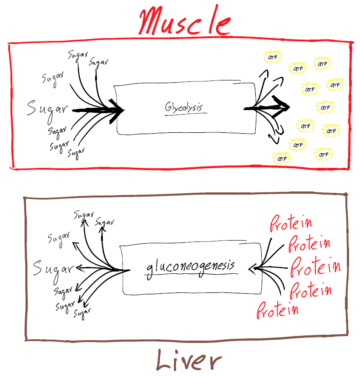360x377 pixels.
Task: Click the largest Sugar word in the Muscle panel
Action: (x=47, y=109)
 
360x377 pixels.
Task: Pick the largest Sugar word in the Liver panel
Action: (x=54, y=268)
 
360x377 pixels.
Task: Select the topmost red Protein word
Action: (x=291, y=223)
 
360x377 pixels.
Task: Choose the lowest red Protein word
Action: (x=278, y=310)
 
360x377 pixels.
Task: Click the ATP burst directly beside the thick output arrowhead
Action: (x=325, y=108)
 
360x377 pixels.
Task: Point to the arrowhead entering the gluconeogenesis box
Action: (x=252, y=269)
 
